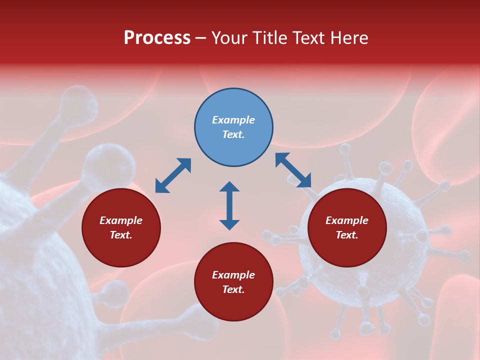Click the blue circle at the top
[x=233, y=127]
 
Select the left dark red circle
[x=121, y=227]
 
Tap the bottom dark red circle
[x=233, y=282]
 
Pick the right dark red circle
[x=346, y=227]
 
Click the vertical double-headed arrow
[x=229, y=205]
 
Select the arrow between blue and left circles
[x=173, y=175]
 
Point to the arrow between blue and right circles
[x=293, y=170]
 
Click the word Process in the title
[x=157, y=38]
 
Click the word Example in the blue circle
[x=233, y=120]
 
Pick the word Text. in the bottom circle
[x=233, y=289]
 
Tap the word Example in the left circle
[x=121, y=220]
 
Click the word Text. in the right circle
[x=346, y=235]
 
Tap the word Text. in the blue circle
[x=233, y=134]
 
